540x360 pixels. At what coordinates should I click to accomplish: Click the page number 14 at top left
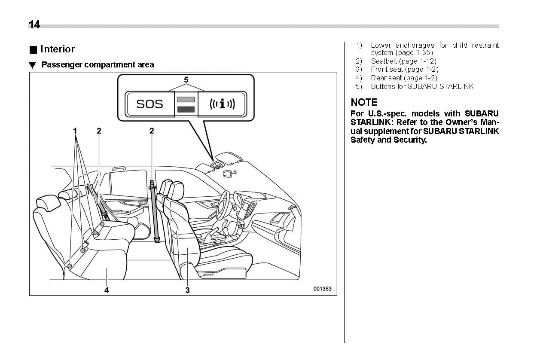[x=34, y=25]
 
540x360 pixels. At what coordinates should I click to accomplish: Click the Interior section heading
[x=57, y=49]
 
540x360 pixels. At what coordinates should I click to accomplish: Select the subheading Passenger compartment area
[x=97, y=65]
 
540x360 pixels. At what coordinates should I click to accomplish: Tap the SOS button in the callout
[x=149, y=104]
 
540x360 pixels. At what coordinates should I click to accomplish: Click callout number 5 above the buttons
[x=186, y=80]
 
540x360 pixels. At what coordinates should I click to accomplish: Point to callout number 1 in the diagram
[x=75, y=131]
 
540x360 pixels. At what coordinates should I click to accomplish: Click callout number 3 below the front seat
[x=187, y=290]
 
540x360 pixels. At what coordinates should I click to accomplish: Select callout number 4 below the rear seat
[x=107, y=290]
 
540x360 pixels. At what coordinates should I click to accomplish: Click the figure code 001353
[x=322, y=289]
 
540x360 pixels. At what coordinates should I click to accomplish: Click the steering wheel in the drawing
[x=223, y=204]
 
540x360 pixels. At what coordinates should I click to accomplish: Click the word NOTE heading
[x=364, y=102]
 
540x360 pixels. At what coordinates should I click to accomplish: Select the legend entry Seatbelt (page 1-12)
[x=403, y=61]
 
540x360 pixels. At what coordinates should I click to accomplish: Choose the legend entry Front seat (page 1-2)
[x=404, y=69]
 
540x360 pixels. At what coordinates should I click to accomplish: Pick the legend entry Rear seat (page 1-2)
[x=404, y=78]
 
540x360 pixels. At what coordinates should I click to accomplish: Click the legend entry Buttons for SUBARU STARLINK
[x=422, y=86]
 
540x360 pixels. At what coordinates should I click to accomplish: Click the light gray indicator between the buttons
[x=186, y=100]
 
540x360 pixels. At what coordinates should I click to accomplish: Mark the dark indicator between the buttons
[x=186, y=109]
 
